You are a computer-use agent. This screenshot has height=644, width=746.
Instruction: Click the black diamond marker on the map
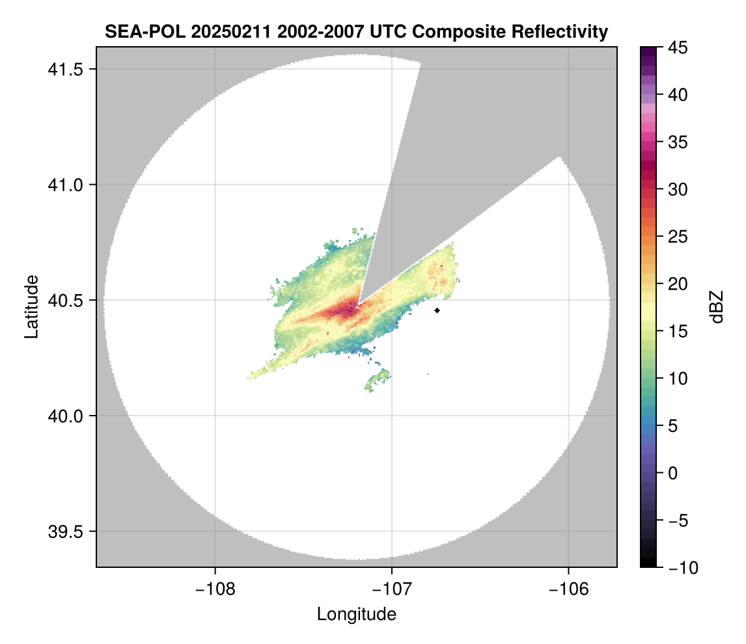click(x=437, y=310)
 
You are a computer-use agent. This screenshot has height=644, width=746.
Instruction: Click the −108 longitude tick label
click(x=214, y=589)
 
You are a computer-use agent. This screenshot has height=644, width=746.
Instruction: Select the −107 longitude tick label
click(x=392, y=589)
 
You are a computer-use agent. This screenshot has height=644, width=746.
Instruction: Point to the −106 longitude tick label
click(x=569, y=589)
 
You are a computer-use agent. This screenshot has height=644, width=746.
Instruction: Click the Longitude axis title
click(x=356, y=614)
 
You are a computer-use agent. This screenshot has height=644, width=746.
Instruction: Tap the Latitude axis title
click(x=31, y=306)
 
